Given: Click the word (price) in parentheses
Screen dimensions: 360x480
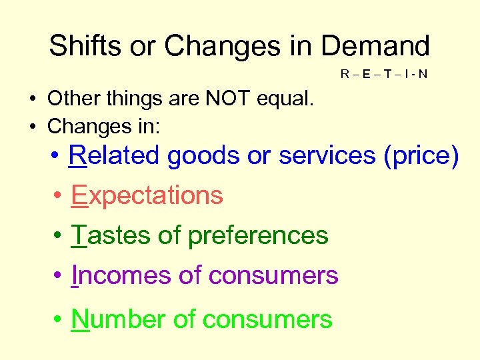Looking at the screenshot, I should click(423, 155).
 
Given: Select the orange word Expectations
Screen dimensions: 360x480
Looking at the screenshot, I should click(147, 195).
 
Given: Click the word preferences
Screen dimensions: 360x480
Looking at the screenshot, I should click(258, 235).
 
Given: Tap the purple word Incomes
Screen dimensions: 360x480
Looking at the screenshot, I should click(113, 275).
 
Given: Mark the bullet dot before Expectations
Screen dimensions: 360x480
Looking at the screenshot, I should click(59, 196).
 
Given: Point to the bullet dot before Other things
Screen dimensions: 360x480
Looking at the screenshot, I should click(32, 100).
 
